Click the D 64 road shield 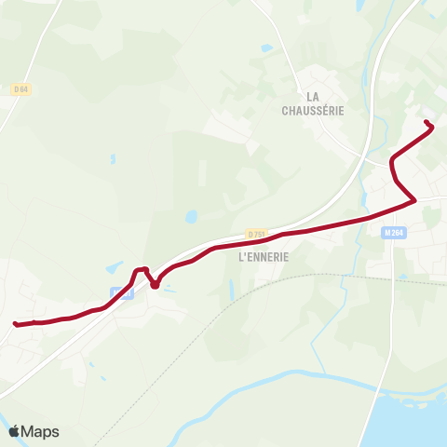(x=21, y=88)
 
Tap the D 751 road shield (x=257, y=234)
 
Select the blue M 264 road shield (x=392, y=234)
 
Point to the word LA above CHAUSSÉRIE (x=313, y=96)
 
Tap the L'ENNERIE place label (x=264, y=257)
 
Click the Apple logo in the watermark (x=15, y=431)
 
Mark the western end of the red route (x=16, y=324)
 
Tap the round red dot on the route (x=155, y=284)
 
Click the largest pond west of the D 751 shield (x=191, y=217)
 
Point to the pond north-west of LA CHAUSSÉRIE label (x=268, y=47)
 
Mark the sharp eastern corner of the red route (x=413, y=199)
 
